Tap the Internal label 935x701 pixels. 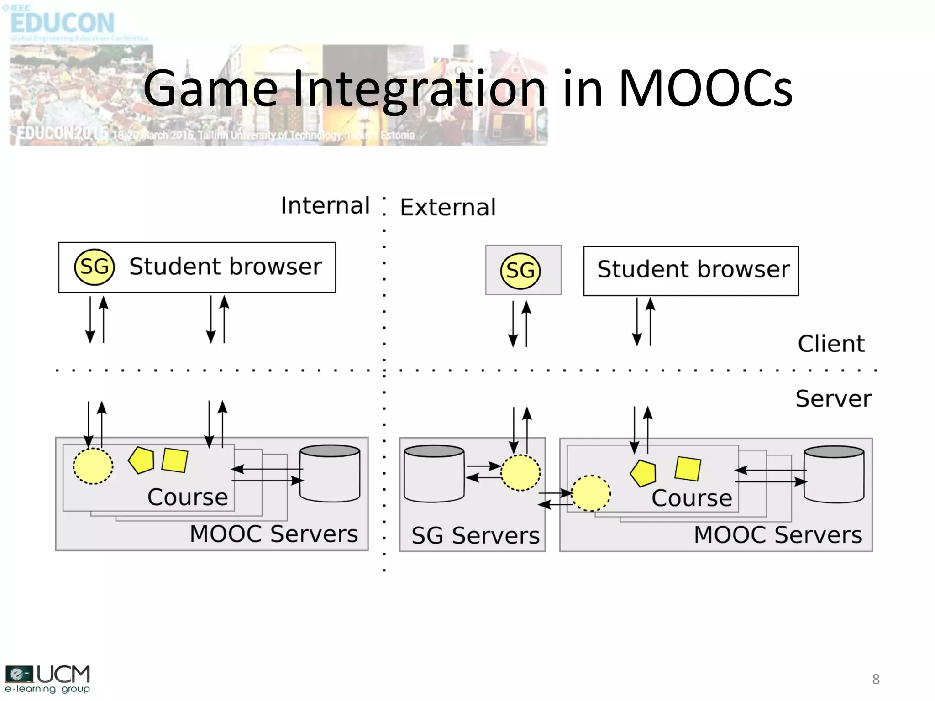coord(325,205)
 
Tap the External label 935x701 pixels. coord(448,208)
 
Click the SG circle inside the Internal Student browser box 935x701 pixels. coord(95,267)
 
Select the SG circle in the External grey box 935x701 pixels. coord(520,271)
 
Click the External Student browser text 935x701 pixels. coord(693,269)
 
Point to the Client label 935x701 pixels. coord(831,344)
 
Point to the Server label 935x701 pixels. coord(833,398)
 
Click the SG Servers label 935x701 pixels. coord(475,535)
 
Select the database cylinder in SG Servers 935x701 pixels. coord(434,473)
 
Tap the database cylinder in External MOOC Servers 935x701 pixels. coord(834,474)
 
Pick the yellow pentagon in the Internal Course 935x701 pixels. coord(142,460)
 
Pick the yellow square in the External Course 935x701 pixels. coord(688,469)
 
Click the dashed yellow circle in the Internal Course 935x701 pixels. coord(93,466)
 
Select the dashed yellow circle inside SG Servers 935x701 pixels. coord(520,473)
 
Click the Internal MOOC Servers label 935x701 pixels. coord(273,534)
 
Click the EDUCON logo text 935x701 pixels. coord(63,23)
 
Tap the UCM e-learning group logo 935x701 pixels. coord(47,679)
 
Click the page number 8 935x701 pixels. coord(876,679)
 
